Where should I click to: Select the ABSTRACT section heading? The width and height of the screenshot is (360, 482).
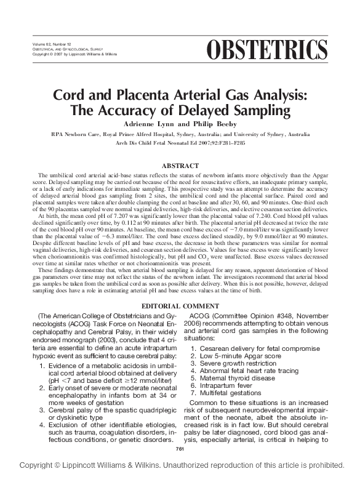tap(180, 166)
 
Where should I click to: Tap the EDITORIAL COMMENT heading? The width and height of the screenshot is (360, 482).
tap(180, 306)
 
